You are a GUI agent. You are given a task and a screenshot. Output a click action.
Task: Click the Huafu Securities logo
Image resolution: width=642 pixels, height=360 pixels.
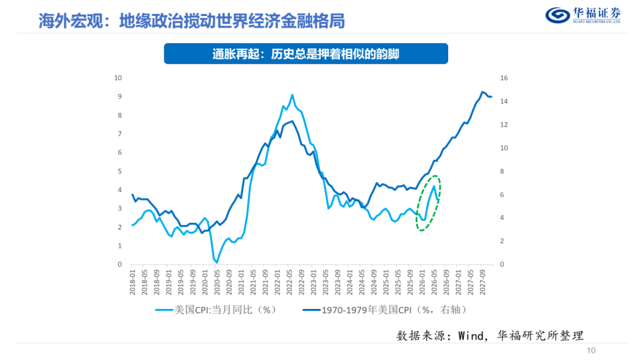[x=583, y=15]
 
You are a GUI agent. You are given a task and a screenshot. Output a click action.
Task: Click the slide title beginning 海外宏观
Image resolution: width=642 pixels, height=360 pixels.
[x=191, y=21]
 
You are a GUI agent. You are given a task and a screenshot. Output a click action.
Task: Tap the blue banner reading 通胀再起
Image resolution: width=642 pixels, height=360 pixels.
[x=306, y=53]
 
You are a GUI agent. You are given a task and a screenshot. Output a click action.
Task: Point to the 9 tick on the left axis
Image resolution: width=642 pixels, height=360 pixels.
[x=120, y=97]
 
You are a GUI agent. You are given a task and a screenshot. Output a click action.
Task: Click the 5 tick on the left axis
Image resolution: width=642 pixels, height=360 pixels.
[x=120, y=171]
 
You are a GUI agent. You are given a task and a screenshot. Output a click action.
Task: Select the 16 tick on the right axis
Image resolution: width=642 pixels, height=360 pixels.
[x=503, y=78]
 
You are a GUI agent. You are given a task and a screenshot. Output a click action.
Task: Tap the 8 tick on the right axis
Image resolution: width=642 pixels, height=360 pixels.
[x=502, y=171]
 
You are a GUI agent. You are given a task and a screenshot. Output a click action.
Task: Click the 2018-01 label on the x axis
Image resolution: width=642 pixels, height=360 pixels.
[x=132, y=282]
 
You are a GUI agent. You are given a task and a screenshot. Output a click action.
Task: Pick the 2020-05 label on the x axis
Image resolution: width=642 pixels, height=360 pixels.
[x=217, y=282]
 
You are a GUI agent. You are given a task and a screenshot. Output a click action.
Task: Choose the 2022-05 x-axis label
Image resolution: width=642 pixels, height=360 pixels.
[x=289, y=282]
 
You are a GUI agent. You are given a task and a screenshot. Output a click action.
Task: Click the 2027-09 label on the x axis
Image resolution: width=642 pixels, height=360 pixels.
[x=483, y=282]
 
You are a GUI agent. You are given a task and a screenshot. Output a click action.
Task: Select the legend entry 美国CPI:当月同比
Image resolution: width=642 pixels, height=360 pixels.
[x=216, y=310]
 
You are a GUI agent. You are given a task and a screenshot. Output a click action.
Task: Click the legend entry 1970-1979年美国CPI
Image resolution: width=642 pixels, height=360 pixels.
[x=385, y=310]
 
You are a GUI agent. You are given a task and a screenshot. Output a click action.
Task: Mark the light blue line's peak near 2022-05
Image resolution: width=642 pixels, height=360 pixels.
[x=292, y=95]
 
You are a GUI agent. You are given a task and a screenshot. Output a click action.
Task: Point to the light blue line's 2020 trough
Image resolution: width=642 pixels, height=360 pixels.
[x=216, y=262]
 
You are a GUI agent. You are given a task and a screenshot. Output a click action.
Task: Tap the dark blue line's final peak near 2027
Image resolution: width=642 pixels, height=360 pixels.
[x=483, y=92]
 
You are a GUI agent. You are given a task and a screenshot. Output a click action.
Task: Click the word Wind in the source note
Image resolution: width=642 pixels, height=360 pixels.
[x=471, y=336]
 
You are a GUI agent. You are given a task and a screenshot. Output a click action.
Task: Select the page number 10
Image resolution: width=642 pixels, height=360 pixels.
[x=591, y=350]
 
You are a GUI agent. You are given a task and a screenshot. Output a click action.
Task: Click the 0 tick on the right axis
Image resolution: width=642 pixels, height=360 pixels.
[x=502, y=264]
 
